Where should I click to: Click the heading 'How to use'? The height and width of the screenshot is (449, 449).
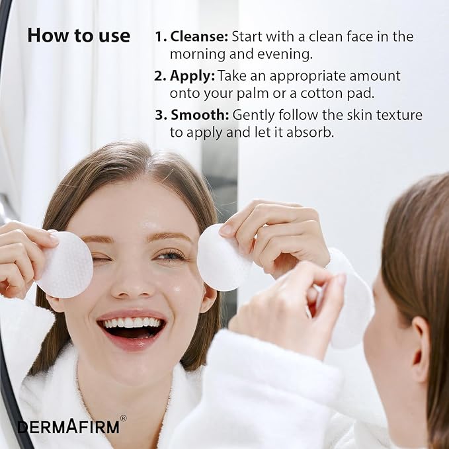[x=79, y=36]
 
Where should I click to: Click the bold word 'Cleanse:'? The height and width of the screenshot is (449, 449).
[x=199, y=36]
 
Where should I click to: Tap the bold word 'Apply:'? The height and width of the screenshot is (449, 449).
[x=192, y=77]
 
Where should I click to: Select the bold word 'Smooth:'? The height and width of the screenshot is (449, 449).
[x=200, y=115]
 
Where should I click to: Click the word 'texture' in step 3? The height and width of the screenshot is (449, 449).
[x=399, y=115]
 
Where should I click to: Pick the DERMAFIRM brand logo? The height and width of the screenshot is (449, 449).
[x=68, y=427]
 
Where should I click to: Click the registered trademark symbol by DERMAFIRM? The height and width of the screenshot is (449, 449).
[x=124, y=419]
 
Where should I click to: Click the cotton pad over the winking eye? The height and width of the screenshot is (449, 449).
[x=66, y=265]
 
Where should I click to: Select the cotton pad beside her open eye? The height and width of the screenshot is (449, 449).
[x=220, y=258]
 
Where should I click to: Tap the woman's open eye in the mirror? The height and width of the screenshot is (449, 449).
[x=171, y=255]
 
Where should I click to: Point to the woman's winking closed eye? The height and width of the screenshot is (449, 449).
[x=101, y=259]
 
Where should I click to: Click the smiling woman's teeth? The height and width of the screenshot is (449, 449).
[x=132, y=323]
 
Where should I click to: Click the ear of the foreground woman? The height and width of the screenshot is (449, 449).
[x=421, y=349]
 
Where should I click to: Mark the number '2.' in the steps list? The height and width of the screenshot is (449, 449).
[x=160, y=77]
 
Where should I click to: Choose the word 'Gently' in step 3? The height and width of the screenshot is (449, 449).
[x=254, y=116]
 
